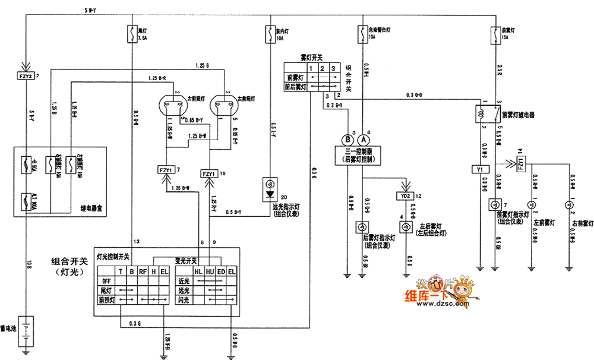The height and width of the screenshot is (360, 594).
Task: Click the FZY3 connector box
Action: (x=26, y=76)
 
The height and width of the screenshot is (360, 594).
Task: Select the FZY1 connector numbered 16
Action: (x=208, y=173)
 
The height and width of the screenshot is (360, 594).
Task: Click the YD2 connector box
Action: (x=406, y=196)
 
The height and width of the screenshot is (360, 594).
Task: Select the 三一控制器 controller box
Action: (x=355, y=156)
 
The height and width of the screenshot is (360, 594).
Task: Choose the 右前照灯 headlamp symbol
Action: (x=225, y=106)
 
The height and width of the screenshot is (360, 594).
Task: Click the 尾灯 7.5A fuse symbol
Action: (x=131, y=33)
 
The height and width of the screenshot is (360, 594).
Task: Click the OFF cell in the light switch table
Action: (x=106, y=282)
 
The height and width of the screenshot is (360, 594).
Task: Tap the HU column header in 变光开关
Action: (x=209, y=272)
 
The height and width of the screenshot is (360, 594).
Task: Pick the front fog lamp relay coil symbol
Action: (x=479, y=113)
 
